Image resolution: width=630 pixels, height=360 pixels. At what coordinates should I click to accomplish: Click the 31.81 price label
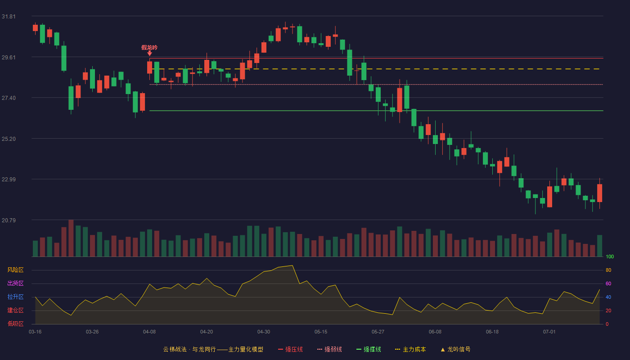point(9,17)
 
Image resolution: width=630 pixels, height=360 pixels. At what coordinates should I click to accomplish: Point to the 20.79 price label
point(9,220)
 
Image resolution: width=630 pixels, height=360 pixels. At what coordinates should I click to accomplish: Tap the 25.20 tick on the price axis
point(9,139)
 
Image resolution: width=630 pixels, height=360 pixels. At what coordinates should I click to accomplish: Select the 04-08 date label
point(149,332)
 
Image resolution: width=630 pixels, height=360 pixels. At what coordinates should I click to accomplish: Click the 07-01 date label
point(549,332)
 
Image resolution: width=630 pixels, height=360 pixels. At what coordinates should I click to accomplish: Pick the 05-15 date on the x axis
point(321,332)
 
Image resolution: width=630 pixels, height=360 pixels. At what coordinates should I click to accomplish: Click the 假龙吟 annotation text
point(149,48)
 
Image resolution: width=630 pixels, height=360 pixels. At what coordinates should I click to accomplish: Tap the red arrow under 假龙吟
point(149,54)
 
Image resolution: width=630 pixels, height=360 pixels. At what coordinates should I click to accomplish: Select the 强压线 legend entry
point(291,349)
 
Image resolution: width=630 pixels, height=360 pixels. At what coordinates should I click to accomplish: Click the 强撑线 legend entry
point(369,349)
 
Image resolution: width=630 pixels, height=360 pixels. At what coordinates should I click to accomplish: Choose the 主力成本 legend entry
point(410,349)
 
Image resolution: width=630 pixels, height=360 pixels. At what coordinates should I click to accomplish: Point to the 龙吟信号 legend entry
point(455,349)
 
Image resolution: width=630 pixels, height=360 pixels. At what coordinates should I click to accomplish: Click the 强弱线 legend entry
point(329,349)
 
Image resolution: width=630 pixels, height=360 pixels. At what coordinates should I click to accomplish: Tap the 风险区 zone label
point(15,270)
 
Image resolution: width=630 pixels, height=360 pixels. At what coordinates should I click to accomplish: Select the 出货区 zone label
point(15,283)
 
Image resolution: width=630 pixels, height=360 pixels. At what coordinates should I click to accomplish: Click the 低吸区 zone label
point(15,324)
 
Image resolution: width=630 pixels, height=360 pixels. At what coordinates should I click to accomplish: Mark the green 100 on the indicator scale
point(610,256)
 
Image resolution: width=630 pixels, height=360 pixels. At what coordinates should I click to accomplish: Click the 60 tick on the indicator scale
point(608,283)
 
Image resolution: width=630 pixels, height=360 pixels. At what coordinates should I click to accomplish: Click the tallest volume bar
point(71,238)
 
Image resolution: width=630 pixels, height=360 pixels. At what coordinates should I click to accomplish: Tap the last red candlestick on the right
point(599,193)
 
